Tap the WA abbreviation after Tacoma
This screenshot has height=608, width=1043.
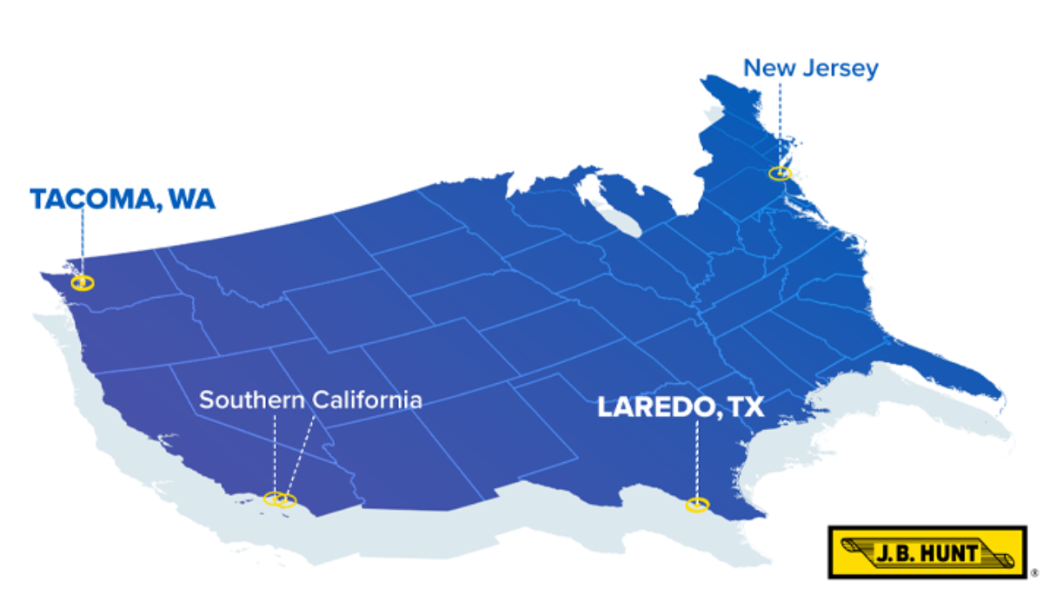tap(191, 199)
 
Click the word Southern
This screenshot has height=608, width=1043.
tap(253, 400)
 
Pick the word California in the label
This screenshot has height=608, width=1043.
tap(369, 400)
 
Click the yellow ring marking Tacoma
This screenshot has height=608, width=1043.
tap(83, 282)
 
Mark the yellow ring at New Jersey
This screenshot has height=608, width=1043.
tap(780, 173)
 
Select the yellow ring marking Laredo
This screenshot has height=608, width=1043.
tap(696, 505)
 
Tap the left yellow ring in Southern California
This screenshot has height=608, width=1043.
tap(274, 499)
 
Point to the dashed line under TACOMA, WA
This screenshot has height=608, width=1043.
tap(83, 243)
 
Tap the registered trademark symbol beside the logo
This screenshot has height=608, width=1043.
tap(1033, 573)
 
